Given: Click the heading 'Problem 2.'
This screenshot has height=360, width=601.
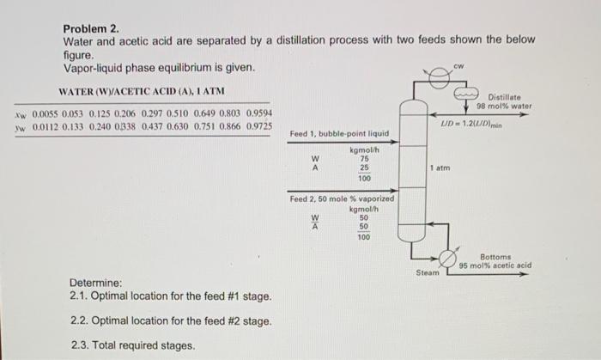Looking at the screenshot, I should click(92, 27).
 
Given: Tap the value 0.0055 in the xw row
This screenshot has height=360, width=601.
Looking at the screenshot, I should click(45, 113).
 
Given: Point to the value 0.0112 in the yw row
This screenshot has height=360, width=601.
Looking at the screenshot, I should click(45, 126).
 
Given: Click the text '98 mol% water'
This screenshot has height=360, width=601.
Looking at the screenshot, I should click(504, 107).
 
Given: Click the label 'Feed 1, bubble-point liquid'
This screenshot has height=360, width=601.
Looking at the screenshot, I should click(339, 134).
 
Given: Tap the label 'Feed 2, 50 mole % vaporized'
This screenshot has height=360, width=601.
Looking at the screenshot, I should click(342, 199).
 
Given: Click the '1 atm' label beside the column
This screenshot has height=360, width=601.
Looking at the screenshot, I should click(440, 168).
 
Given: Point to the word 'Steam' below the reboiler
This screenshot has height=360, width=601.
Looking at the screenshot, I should click(427, 272).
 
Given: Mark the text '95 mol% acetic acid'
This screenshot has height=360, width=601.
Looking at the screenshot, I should click(495, 265).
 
